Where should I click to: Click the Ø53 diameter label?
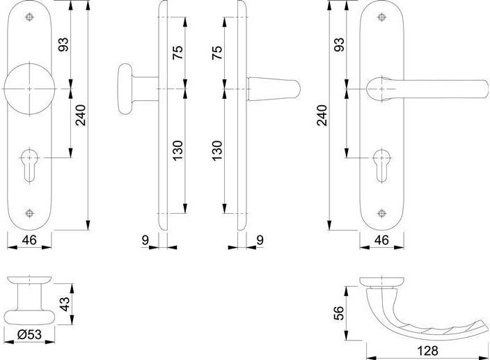click(29, 335)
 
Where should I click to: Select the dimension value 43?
click(63, 304)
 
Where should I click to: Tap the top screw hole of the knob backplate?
click(31, 17)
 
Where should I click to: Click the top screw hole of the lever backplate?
click(381, 17)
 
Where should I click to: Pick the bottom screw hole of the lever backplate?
click(381, 213)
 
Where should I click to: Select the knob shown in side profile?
click(128, 89)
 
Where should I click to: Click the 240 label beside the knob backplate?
click(81, 115)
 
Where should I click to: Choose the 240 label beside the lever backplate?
click(321, 115)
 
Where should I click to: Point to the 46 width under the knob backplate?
click(30, 241)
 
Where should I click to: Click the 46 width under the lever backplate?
click(381, 241)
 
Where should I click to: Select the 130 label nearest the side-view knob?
click(178, 150)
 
